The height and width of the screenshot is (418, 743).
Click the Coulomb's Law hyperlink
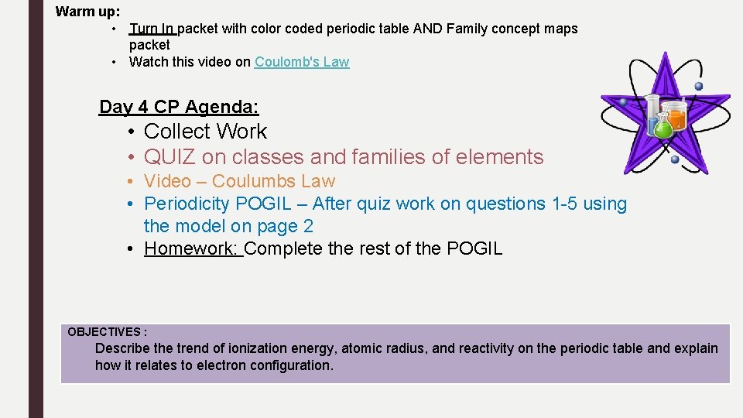302,62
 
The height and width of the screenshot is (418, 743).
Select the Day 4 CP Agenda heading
179,107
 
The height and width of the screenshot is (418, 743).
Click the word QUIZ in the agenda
169,157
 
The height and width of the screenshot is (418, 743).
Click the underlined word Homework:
192,248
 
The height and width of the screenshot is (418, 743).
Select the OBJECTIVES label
107,331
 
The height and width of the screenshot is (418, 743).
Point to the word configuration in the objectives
290,365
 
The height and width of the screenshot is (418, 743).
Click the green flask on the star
663,125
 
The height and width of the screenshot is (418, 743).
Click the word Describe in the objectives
122,348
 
